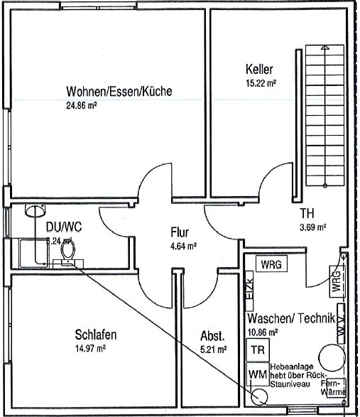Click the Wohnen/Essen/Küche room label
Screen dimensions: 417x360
coord(119,92)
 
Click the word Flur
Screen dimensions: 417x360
coord(179,232)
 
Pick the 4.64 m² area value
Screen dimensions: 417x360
coord(182,247)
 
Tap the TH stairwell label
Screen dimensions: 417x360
coord(307,214)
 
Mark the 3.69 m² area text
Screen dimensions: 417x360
coord(312,228)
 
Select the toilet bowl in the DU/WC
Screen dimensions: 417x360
coord(68,249)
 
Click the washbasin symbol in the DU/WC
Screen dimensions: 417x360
coord(33,210)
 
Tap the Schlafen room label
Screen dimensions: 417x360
coord(95,335)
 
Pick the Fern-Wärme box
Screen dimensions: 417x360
coord(338,387)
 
